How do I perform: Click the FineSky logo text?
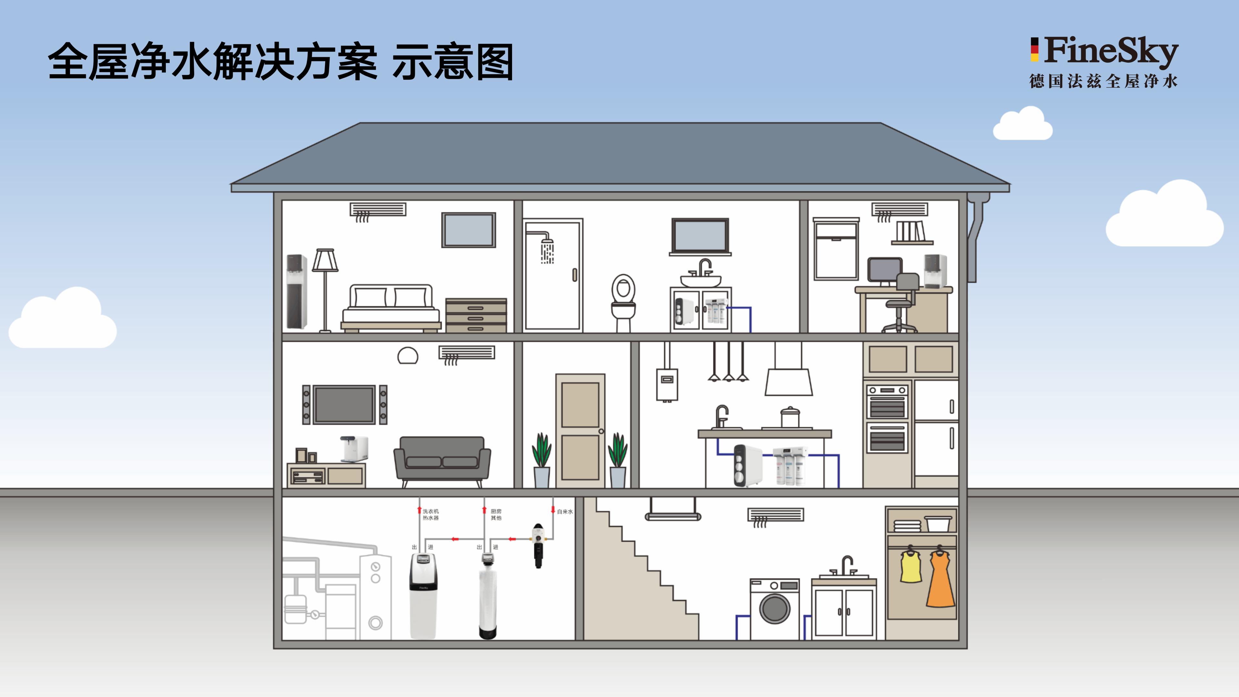(1111, 51)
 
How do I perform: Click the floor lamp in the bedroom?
(325, 288)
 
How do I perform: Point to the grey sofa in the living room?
(441, 460)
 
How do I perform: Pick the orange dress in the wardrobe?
(940, 580)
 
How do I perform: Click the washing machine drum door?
(774, 609)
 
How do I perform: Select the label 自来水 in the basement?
(565, 512)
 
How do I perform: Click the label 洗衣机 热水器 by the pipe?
(430, 515)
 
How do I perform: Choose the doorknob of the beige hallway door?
(601, 431)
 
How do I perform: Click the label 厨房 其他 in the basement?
(496, 515)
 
